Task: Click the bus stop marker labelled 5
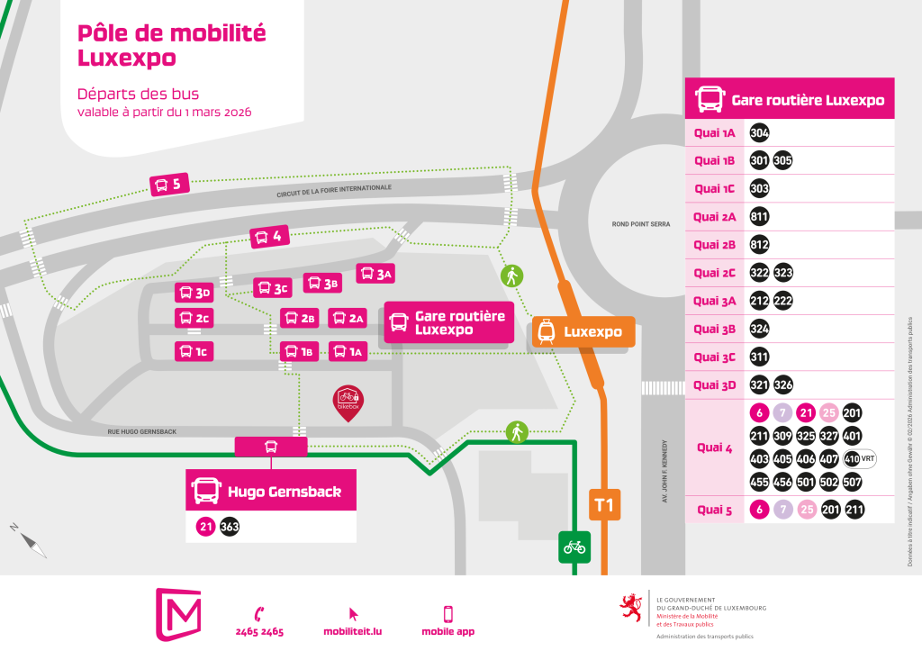point(167,185)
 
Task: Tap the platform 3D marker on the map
point(194,293)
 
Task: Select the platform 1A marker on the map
point(348,351)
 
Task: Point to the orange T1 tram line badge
point(604,505)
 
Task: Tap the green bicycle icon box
point(574,546)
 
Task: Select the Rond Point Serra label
point(641,224)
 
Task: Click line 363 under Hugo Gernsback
point(230,527)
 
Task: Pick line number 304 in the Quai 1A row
point(759,133)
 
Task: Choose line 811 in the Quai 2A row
point(759,216)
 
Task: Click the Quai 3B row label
point(715,329)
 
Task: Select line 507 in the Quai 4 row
point(853,482)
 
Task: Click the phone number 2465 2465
point(260,631)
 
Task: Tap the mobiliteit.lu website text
point(353,631)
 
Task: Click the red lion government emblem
point(632,608)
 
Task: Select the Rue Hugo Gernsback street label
point(142,432)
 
